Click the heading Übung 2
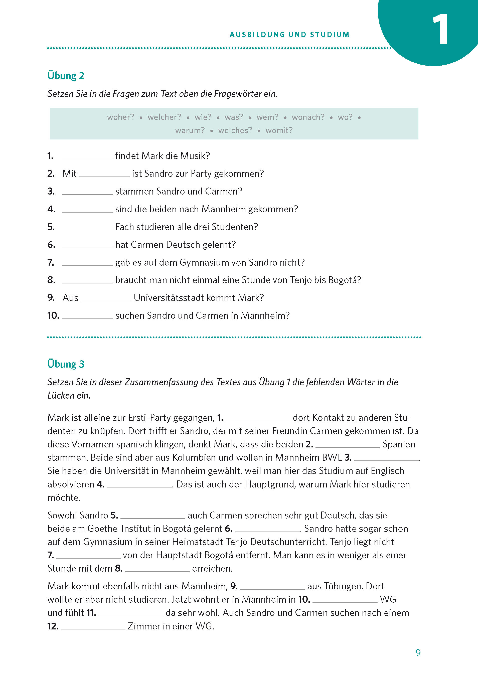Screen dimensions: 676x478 pos(66,76)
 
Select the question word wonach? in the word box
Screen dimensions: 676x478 pos(308,117)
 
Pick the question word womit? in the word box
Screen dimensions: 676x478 pos(279,130)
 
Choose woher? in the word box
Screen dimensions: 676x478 pos(120,117)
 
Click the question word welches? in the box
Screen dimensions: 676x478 pos(235,130)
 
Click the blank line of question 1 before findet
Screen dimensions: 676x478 pos(87,157)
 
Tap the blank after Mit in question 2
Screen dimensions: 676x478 pos(104,174)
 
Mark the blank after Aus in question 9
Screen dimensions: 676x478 pos(106,298)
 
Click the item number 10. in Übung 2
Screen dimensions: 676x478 pos(53,316)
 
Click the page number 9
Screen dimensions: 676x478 pos(418,652)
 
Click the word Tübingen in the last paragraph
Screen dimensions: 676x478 pos(343,586)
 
